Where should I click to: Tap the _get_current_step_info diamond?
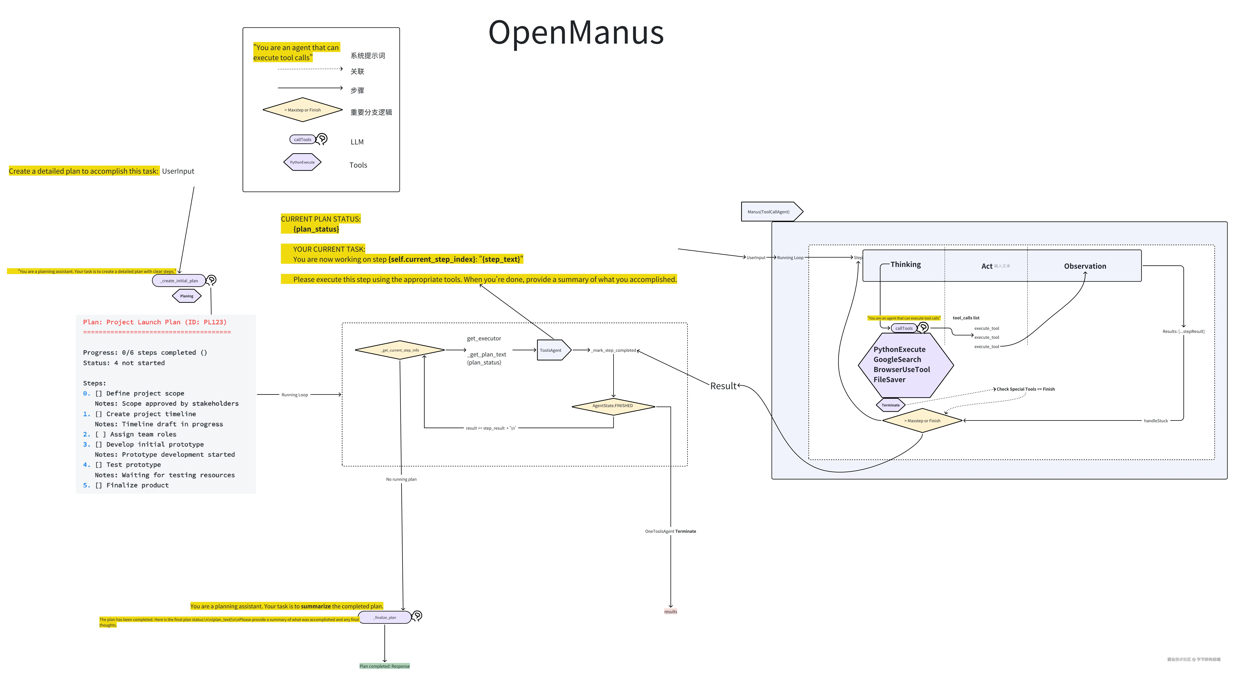[x=400, y=350]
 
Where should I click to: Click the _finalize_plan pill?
[x=384, y=617]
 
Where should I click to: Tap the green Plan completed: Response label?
[x=384, y=666]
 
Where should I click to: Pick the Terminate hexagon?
[x=890, y=405]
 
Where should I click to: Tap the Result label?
[x=723, y=386]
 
